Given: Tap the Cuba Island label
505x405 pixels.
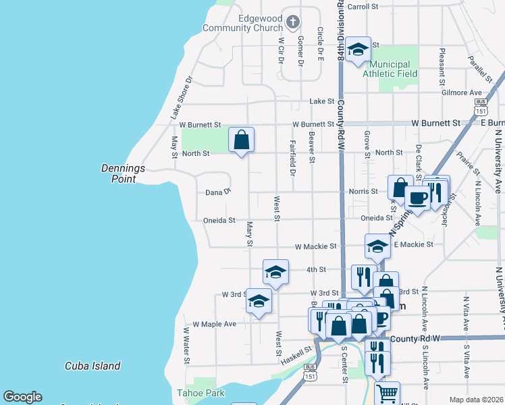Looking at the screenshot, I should pyautogui.click(x=92, y=366).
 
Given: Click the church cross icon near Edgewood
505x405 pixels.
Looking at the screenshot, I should pyautogui.click(x=293, y=22).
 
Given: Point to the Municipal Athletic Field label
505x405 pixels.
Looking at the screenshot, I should pyautogui.click(x=390, y=68).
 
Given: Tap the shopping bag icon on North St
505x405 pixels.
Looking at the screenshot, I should pyautogui.click(x=241, y=140).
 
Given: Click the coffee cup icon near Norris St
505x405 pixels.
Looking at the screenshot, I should pyautogui.click(x=417, y=197).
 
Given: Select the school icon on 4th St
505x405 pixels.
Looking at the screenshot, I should pyautogui.click(x=275, y=271).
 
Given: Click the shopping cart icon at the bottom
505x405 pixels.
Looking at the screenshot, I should pyautogui.click(x=387, y=392).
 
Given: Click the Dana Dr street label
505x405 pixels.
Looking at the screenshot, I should pyautogui.click(x=218, y=192).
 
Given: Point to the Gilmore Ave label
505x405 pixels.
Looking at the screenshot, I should pyautogui.click(x=461, y=92).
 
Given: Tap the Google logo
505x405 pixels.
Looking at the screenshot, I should pyautogui.click(x=22, y=396).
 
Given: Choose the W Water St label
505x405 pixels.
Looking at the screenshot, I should pyautogui.click(x=186, y=345).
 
